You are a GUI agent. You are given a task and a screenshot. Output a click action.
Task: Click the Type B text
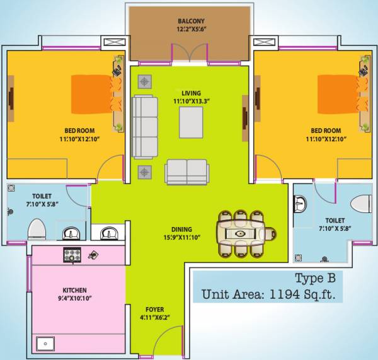tap(318, 279)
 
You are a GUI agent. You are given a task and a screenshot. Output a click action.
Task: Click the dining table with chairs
tap(241, 233)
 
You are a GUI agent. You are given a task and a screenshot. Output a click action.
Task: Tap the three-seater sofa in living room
tap(146, 126)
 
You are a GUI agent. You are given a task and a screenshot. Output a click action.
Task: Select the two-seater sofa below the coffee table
tap(186, 171)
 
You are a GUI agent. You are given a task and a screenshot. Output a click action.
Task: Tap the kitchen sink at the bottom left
tap(45, 344)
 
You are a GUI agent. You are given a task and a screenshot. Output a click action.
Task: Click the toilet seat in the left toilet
tap(36, 229)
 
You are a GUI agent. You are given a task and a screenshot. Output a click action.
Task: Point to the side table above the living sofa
tap(145, 81)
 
